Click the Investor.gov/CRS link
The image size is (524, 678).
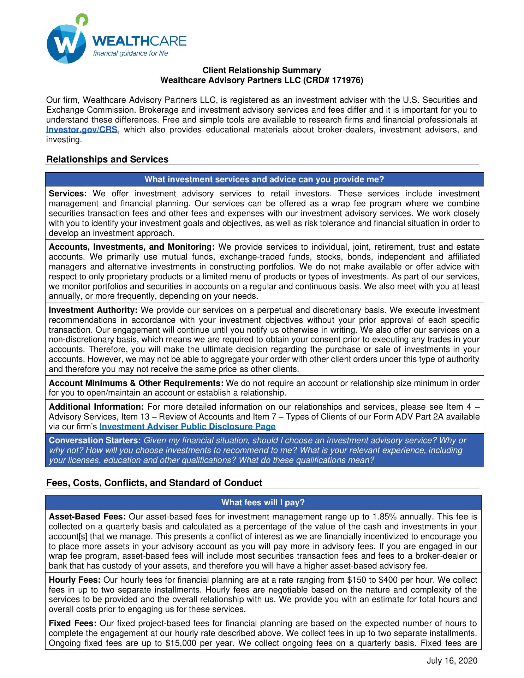tap(82, 130)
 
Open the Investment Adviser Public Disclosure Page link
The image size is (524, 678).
tap(187, 427)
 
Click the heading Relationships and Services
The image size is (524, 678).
tap(107, 160)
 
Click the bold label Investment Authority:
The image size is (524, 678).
tap(93, 310)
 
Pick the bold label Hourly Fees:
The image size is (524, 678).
tap(75, 580)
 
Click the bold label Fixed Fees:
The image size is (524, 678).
tap(73, 623)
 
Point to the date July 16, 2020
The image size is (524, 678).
tap(452, 661)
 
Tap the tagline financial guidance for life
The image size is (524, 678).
tap(130, 53)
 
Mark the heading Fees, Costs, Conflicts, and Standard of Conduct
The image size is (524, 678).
tap(154, 483)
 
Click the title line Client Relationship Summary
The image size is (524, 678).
tap(262, 70)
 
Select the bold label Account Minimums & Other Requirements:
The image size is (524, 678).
tap(136, 383)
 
